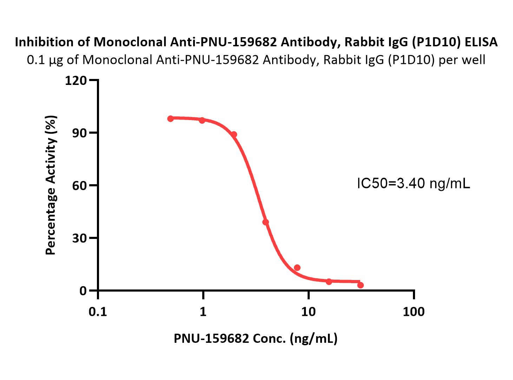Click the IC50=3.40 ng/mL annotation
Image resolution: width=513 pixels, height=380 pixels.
coord(413,183)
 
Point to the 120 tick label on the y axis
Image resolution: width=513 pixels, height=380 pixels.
coord(76,80)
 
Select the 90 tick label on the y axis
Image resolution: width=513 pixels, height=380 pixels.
coord(80,133)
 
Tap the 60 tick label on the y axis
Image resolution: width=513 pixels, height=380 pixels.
coord(80,186)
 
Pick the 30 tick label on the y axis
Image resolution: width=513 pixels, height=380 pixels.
coord(80,238)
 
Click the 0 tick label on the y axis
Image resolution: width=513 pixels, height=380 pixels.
coord(83,291)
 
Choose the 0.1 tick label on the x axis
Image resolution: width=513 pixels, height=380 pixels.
coord(98,312)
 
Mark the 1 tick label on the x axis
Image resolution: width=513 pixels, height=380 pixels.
coord(203,312)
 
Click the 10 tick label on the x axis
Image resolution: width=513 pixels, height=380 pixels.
coord(308,312)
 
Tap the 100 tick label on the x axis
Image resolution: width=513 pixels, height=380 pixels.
coord(414,312)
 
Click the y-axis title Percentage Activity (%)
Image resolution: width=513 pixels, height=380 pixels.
coord(51,185)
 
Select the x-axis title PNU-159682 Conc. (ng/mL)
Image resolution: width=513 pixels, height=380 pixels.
coord(256,339)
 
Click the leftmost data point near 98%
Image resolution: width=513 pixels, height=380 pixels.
coord(170,119)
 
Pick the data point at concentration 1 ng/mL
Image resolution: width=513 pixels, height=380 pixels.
coord(202,120)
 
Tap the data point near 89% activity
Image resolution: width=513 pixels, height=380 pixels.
coord(234,134)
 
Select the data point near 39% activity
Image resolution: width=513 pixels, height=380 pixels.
coord(265,222)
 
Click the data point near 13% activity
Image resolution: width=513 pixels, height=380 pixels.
coord(297,268)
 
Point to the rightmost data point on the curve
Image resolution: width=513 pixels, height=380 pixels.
coord(361,285)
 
